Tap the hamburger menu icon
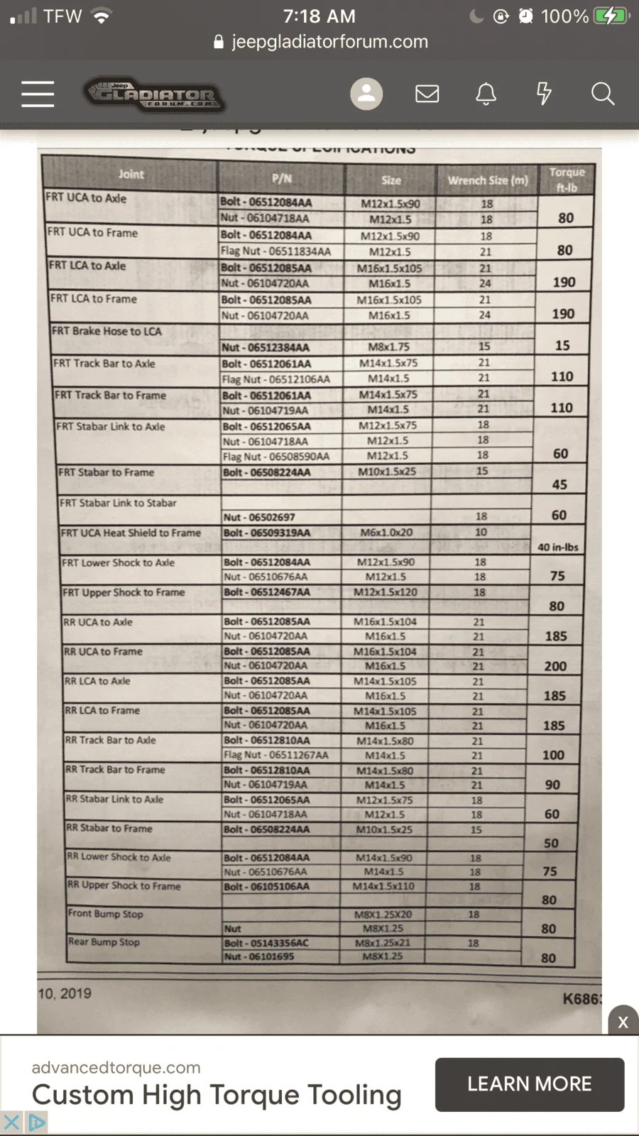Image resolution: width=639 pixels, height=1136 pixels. pos(38,94)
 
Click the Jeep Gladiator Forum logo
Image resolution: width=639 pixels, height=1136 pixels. pos(155,94)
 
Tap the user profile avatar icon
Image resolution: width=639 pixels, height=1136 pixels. pos(366,94)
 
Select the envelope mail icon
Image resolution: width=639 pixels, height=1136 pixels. pos(427,94)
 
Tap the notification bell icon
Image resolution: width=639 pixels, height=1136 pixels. pos(486,94)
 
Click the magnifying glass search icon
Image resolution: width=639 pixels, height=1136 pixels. pos(603,94)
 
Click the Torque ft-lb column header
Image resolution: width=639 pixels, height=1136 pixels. pos(567,180)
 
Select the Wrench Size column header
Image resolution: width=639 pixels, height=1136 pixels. pos(488,180)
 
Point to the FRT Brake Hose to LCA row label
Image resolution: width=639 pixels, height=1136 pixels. pos(107,331)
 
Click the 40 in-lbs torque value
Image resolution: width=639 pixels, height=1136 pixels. pos(558,547)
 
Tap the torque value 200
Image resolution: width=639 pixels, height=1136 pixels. pos(555,666)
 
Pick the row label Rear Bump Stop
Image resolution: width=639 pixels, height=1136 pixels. pos(104,941)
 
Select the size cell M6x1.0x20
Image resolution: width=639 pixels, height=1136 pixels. pos(386,532)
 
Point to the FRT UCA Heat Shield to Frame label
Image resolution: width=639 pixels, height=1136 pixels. pos(131,532)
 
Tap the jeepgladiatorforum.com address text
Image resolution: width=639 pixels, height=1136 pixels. pos(329,41)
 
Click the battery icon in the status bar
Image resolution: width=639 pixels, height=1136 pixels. pos(611,16)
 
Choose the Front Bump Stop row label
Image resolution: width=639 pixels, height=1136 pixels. pos(106,913)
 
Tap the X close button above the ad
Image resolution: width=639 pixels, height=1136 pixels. pos(623,1022)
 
